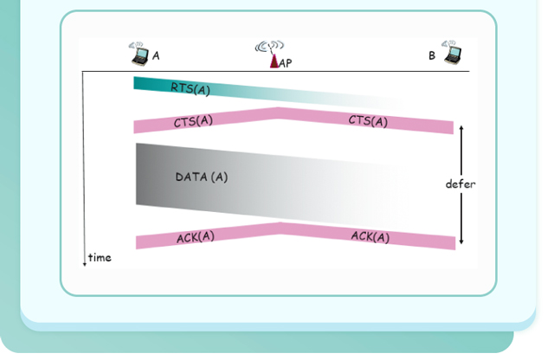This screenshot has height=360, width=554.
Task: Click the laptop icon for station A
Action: (x=139, y=54)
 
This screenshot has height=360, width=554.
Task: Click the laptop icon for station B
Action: (x=449, y=52)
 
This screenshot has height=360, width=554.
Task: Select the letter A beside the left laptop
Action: (x=157, y=55)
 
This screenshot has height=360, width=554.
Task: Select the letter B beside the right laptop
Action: (x=432, y=55)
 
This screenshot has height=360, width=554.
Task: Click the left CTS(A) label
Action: (x=193, y=121)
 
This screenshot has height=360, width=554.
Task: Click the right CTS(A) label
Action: (x=368, y=120)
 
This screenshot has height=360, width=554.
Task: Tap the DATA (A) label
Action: (x=202, y=177)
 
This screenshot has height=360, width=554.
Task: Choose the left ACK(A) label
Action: (x=196, y=236)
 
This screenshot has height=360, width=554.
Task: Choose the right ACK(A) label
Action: (x=370, y=235)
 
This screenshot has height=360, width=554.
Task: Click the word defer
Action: (x=461, y=183)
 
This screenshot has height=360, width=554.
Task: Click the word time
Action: (x=100, y=257)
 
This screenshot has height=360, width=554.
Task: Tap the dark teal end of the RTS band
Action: (x=138, y=82)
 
